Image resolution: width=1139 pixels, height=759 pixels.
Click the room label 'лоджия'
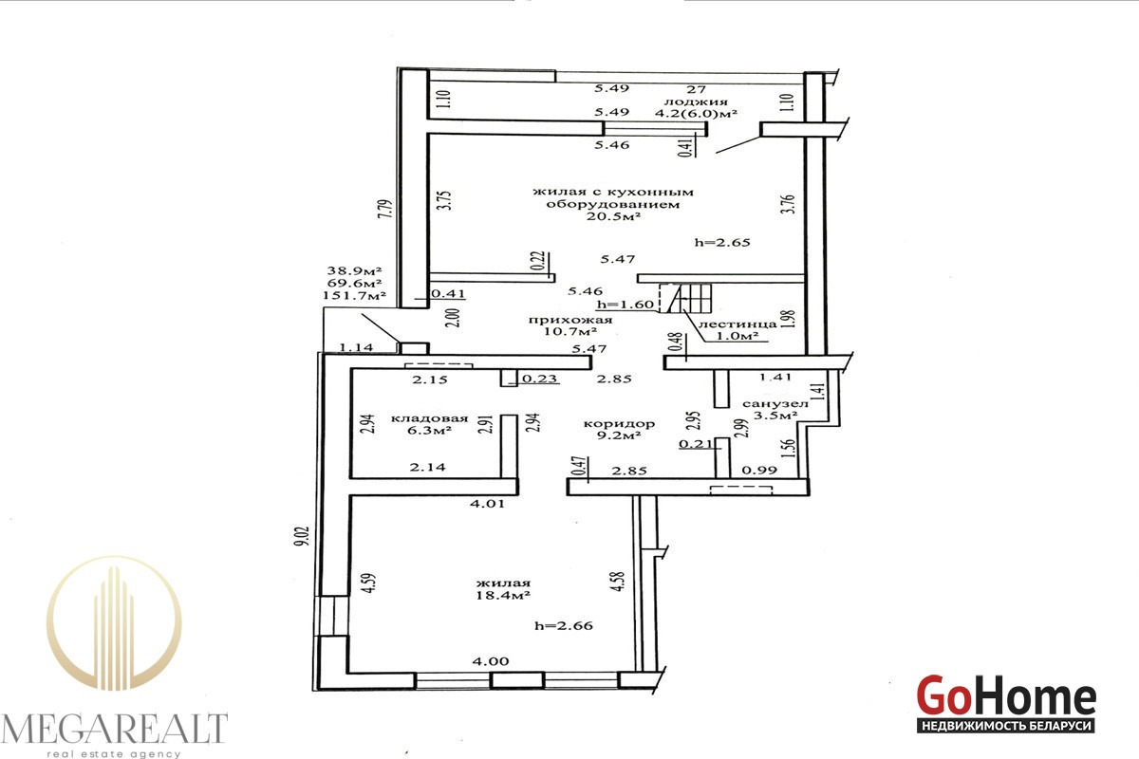pyautogui.click(x=696, y=102)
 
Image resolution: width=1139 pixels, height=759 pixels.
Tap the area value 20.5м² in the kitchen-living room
pyautogui.click(x=613, y=216)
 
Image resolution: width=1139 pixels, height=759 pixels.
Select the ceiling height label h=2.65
pyautogui.click(x=722, y=243)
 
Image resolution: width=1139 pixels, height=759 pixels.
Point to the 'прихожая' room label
pyautogui.click(x=570, y=320)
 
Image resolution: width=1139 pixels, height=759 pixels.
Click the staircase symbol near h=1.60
pyautogui.click(x=686, y=298)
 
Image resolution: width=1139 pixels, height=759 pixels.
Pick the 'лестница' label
pyautogui.click(x=738, y=324)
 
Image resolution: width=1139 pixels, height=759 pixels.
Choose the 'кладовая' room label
pyautogui.click(x=429, y=418)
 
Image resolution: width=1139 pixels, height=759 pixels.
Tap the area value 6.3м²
pyautogui.click(x=430, y=431)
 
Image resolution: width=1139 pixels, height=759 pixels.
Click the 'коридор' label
pyautogui.click(x=619, y=423)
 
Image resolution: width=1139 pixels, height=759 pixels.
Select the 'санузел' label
pyautogui.click(x=775, y=404)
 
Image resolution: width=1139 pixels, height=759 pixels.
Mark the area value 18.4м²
pyautogui.click(x=503, y=595)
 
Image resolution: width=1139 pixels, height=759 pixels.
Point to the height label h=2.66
pyautogui.click(x=564, y=625)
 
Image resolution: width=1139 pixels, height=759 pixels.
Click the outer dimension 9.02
pyautogui.click(x=302, y=536)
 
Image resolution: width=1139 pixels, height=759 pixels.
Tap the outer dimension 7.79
pyautogui.click(x=386, y=209)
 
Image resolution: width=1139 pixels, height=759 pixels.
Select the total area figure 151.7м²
pyautogui.click(x=354, y=295)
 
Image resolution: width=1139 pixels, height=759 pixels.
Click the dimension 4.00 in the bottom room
pyautogui.click(x=490, y=661)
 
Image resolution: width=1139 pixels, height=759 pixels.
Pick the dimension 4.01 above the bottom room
pyautogui.click(x=487, y=504)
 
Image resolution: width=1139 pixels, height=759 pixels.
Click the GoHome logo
pyautogui.click(x=1006, y=704)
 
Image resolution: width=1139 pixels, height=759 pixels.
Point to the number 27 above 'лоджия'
pyautogui.click(x=696, y=89)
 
